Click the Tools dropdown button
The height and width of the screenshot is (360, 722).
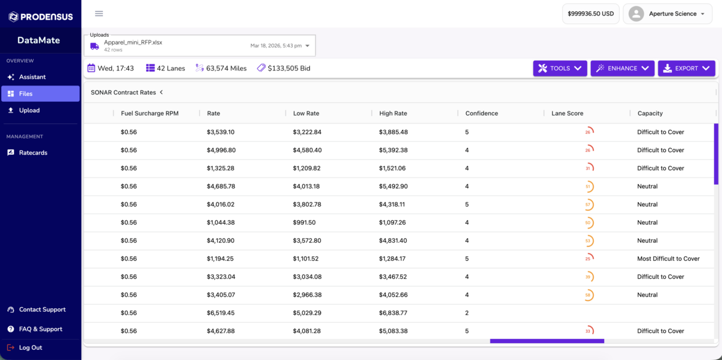coord(560,69)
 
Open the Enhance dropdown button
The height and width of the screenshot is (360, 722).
coord(622,69)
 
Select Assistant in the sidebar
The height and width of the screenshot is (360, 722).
coord(32,77)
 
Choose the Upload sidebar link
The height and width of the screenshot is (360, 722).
coord(29,110)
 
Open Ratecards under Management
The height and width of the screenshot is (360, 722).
coord(33,152)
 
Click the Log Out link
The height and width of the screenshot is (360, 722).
coord(30,347)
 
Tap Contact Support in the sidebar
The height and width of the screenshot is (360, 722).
coord(42,309)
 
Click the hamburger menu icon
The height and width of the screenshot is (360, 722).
coord(99,14)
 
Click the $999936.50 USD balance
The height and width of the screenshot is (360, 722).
coord(590,14)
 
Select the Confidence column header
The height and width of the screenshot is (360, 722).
coord(481,113)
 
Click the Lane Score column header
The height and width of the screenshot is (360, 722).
coord(567,113)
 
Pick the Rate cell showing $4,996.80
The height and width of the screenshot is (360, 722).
coord(221,150)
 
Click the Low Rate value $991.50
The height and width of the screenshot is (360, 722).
coord(304,222)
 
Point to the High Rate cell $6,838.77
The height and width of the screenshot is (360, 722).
coord(393,312)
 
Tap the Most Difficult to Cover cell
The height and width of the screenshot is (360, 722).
coord(668,258)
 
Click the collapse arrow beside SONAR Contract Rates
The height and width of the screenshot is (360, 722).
coord(161,92)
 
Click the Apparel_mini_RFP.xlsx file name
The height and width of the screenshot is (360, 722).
coord(133,42)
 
